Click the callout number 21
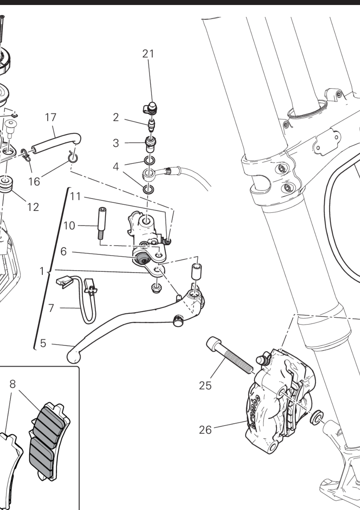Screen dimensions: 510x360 coord(148,54)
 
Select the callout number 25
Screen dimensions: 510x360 coord(205,385)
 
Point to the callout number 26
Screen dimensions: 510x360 coord(205,430)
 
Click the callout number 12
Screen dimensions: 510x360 coord(33,207)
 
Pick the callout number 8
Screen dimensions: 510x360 coord(12,384)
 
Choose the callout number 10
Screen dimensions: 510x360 coord(69,226)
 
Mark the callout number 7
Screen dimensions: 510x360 coord(51,308)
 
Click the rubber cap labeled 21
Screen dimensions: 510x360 coord(152,108)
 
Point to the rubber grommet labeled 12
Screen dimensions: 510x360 coord(6,185)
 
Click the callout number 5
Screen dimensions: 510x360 coord(43,343)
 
